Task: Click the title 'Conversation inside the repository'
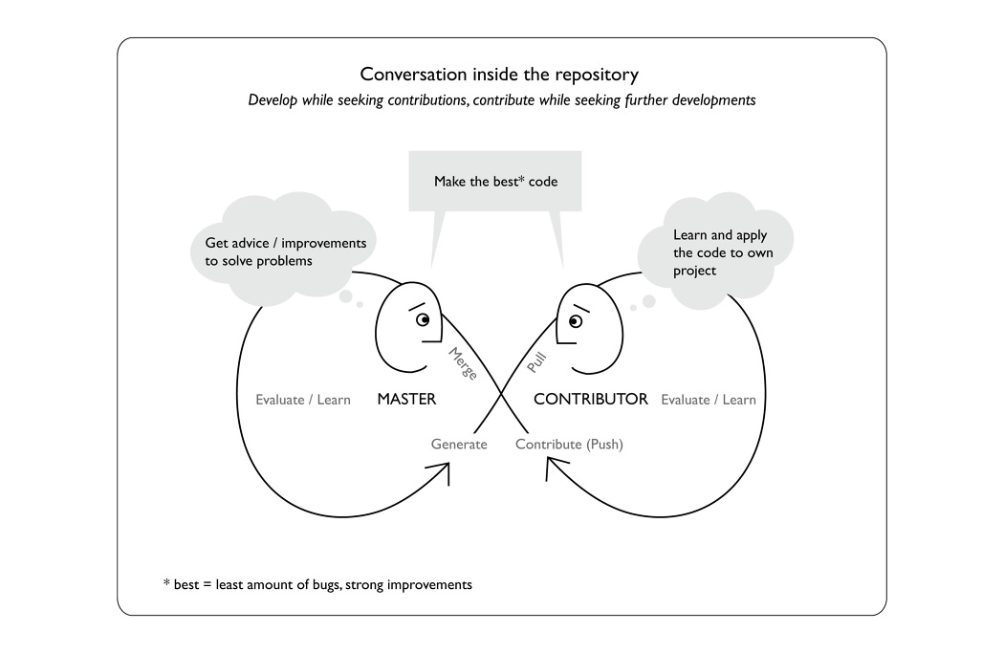[499, 74]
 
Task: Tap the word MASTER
[406, 399]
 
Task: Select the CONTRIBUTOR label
[590, 399]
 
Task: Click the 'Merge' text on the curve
[463, 363]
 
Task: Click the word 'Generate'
[459, 444]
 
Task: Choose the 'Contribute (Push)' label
[569, 444]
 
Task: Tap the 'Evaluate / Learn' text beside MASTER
[303, 400]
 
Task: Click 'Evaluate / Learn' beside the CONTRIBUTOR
[709, 400]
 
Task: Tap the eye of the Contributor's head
[574, 321]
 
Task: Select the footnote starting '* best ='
[316, 583]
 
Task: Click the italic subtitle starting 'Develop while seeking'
[501, 99]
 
